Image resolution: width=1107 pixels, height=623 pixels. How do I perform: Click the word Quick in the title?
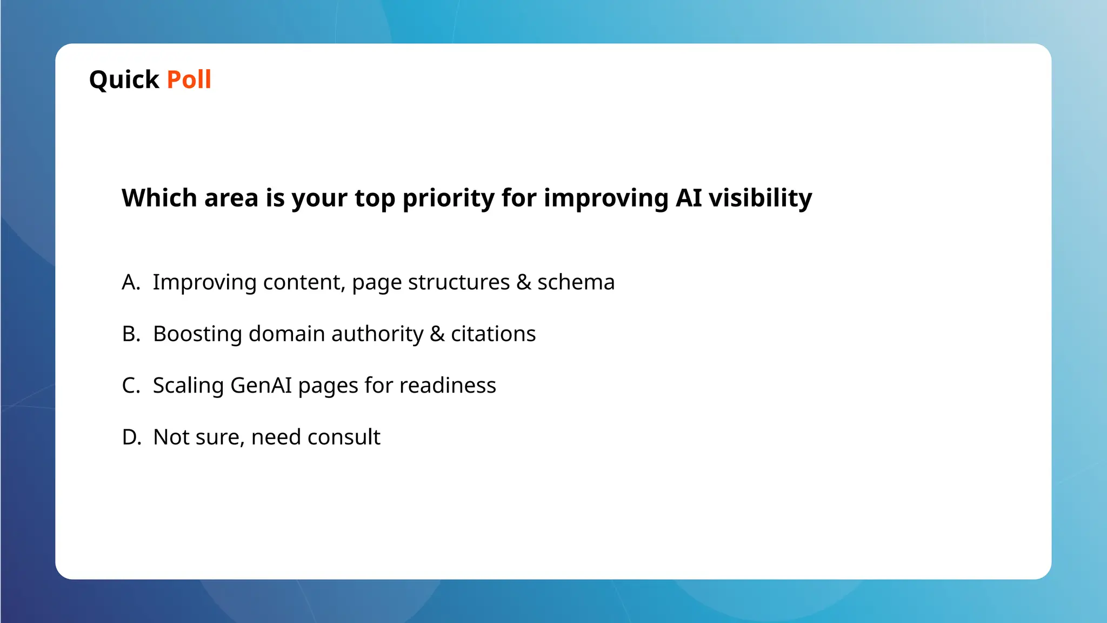tap(124, 80)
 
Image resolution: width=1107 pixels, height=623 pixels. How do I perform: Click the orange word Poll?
tap(189, 79)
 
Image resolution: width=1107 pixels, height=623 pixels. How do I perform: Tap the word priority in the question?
tap(448, 198)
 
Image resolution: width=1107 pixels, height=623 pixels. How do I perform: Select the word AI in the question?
tap(689, 198)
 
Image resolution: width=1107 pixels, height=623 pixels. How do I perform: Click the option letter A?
tap(130, 282)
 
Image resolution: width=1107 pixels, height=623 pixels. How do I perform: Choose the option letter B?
tap(130, 334)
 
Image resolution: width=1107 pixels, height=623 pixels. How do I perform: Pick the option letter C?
tap(130, 386)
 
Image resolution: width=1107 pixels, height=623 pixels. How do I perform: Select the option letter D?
tap(131, 437)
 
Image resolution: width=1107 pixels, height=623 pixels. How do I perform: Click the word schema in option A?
tap(576, 282)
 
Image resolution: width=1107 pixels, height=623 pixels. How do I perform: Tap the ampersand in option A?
tap(523, 282)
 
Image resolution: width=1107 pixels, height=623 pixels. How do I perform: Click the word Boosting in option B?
tap(197, 334)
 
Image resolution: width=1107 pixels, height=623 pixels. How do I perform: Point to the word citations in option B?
tap(493, 334)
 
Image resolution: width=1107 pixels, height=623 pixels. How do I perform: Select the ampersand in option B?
tap(437, 334)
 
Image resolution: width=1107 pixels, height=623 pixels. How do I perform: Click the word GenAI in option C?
tap(261, 386)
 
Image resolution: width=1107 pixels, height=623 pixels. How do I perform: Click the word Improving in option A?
tap(204, 282)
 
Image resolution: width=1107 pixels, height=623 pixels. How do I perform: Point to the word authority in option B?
tap(377, 334)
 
